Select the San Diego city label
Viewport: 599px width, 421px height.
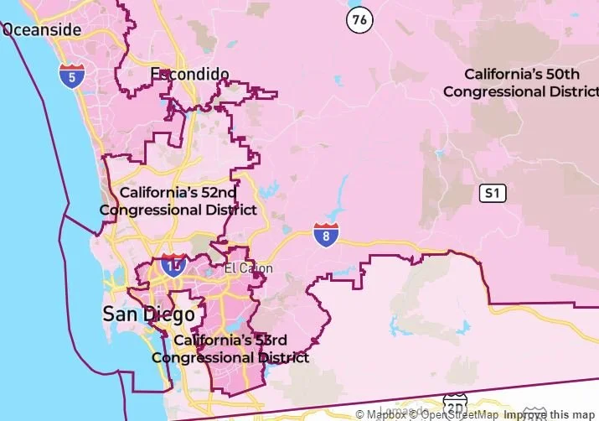click(148, 314)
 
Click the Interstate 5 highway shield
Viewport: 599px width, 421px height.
click(71, 75)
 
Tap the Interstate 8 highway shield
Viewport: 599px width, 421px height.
click(327, 235)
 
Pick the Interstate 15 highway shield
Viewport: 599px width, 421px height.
click(174, 266)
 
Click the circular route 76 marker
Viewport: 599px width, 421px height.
click(359, 19)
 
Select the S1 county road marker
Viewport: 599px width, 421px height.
click(493, 194)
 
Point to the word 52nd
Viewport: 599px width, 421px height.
click(215, 193)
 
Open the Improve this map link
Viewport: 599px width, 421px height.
click(549, 414)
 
